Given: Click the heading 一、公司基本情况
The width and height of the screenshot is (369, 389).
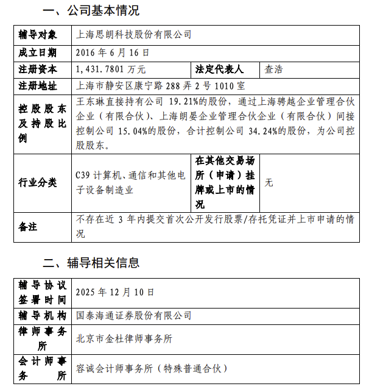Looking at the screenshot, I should click(91, 10).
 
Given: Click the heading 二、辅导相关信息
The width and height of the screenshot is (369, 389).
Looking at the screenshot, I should click(91, 263).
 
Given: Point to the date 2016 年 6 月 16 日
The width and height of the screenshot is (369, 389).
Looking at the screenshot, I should click(112, 52).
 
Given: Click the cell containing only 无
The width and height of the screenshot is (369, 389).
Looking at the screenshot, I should click(269, 182).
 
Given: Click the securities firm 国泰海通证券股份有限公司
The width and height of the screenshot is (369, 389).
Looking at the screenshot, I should click(133, 316).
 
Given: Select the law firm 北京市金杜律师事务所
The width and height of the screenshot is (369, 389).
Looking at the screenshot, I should click(124, 338).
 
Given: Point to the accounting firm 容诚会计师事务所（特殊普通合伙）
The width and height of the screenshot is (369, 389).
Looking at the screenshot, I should click(151, 369).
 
